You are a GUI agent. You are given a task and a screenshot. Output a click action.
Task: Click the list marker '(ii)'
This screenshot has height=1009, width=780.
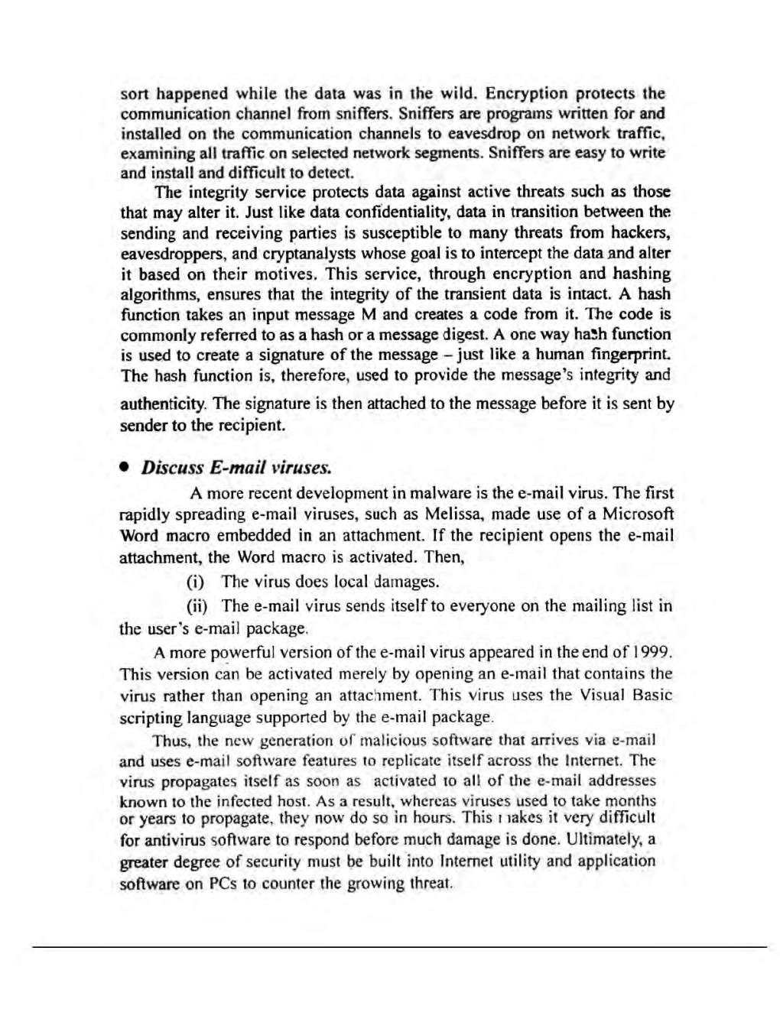click(x=199, y=606)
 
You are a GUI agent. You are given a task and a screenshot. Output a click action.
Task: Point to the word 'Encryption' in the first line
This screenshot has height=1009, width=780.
click(x=527, y=94)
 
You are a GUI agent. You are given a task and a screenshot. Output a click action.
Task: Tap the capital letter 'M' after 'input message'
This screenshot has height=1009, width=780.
click(x=369, y=314)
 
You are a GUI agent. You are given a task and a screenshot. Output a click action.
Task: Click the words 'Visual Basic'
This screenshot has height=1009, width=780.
click(x=625, y=696)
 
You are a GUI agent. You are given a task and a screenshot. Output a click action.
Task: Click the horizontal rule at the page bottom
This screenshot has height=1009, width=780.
click(x=398, y=947)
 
